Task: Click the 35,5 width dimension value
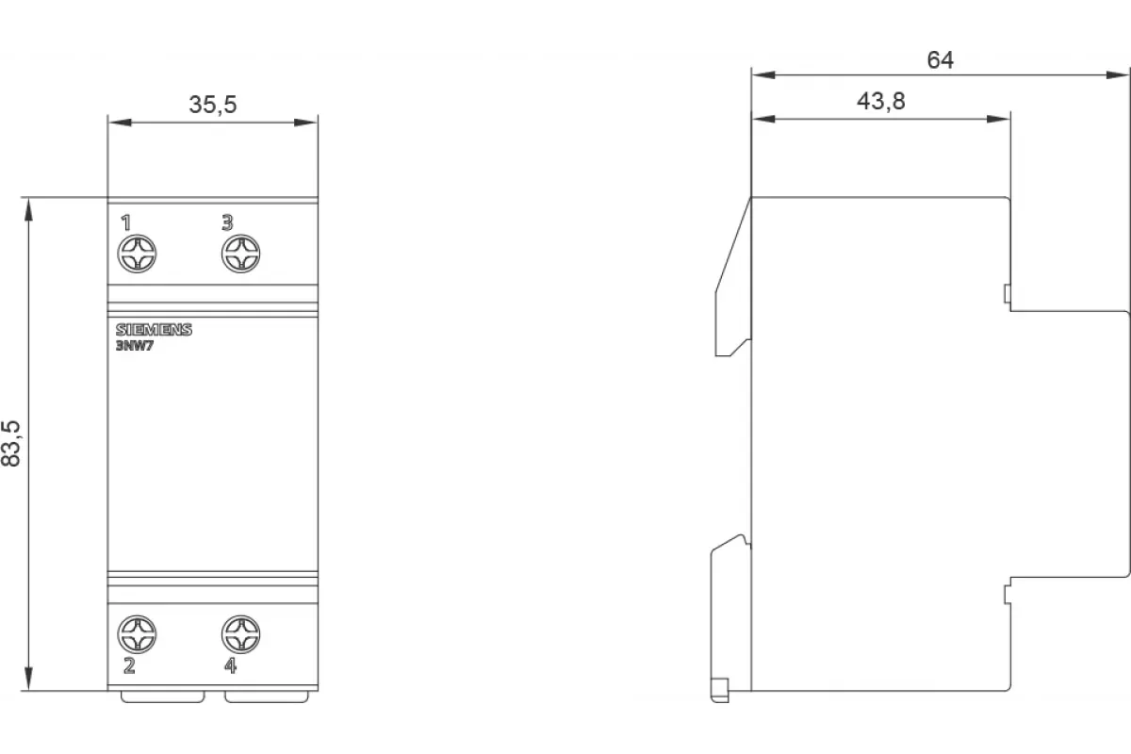click(x=213, y=105)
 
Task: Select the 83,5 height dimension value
click(x=11, y=443)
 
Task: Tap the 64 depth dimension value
click(x=941, y=60)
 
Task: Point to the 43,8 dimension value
click(x=881, y=102)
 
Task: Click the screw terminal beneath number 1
click(x=137, y=254)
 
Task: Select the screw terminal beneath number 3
click(x=241, y=254)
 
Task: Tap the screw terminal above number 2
click(x=137, y=634)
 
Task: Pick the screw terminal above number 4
click(x=241, y=634)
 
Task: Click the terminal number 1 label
click(x=126, y=222)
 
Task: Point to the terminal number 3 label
click(x=228, y=222)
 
